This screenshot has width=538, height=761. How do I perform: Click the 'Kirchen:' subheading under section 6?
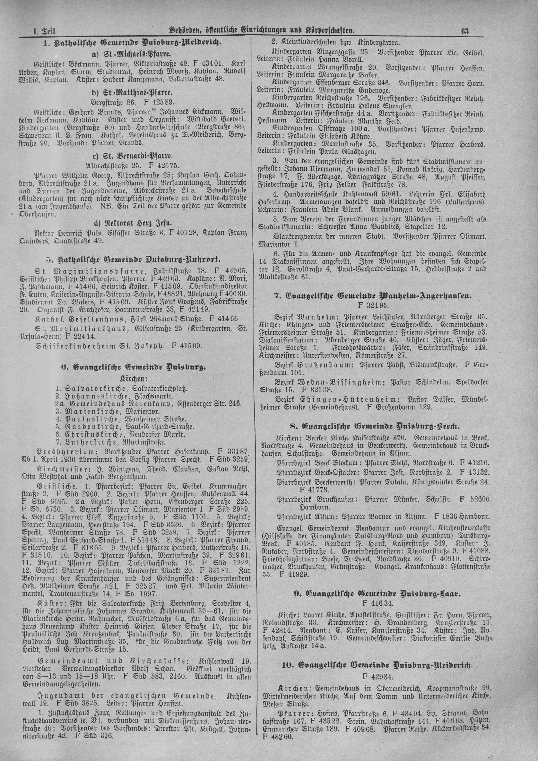pos(129,378)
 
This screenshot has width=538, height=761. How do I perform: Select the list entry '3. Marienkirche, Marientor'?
pos(108,411)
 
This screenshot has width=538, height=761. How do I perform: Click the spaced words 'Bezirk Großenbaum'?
pos(312,365)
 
